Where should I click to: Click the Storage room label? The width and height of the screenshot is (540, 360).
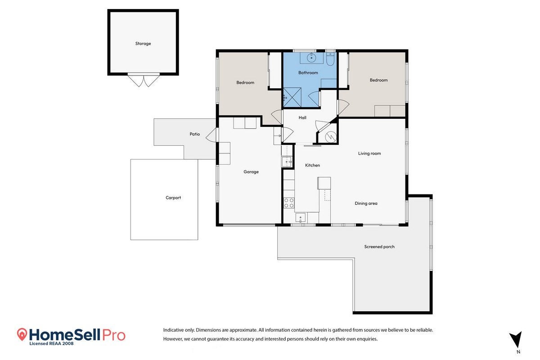(143, 44)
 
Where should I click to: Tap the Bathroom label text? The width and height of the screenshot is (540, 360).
(308, 72)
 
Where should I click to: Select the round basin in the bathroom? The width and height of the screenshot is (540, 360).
(311, 58)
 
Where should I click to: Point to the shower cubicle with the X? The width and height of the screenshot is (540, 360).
(292, 97)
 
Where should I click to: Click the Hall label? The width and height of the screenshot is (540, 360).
(302, 117)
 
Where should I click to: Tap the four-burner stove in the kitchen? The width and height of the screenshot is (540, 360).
(289, 202)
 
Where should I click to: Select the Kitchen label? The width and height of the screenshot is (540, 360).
(312, 165)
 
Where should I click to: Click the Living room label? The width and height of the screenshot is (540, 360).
(369, 153)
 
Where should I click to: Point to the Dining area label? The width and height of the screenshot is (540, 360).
(366, 203)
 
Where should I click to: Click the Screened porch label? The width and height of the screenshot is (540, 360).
(379, 247)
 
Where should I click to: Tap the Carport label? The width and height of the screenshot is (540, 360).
(173, 198)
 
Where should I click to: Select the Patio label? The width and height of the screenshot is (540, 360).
(194, 134)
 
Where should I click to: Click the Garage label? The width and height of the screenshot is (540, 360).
(251, 172)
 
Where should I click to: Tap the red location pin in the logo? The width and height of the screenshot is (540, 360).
(22, 334)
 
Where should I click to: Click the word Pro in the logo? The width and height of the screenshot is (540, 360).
(114, 335)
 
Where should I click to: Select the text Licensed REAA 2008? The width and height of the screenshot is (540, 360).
(51, 344)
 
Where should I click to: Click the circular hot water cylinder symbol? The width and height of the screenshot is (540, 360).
(331, 137)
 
